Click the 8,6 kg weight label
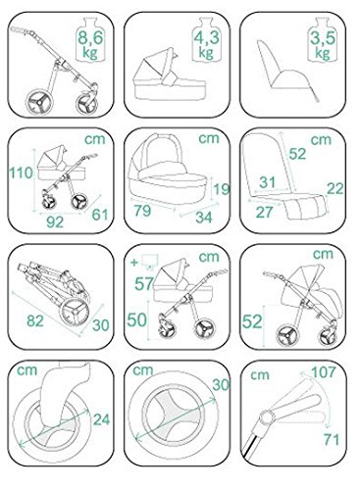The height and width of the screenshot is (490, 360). pyautogui.click(x=90, y=45)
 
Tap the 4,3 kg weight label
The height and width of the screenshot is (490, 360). pyautogui.click(x=206, y=45)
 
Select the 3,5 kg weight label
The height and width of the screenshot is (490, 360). pyautogui.click(x=323, y=45)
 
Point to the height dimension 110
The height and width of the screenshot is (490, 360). pyautogui.click(x=22, y=172)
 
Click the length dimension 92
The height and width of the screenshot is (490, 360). pyautogui.click(x=55, y=221)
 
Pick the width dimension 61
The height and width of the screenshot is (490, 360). pyautogui.click(x=100, y=215)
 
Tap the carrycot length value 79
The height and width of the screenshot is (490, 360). pyautogui.click(x=142, y=211)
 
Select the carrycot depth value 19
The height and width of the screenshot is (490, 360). pyautogui.click(x=222, y=189)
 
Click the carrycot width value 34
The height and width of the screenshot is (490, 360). pyautogui.click(x=204, y=218)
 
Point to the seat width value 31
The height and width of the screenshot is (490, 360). pyautogui.click(x=268, y=182)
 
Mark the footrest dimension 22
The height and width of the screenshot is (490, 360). pyautogui.click(x=335, y=188)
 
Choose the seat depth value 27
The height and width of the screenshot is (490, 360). pyautogui.click(x=264, y=212)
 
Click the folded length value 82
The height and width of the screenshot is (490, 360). pyautogui.click(x=35, y=320)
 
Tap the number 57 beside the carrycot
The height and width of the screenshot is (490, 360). pyautogui.click(x=144, y=283)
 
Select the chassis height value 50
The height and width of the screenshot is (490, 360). pyautogui.click(x=136, y=319)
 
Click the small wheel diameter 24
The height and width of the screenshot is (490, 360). pyautogui.click(x=101, y=419)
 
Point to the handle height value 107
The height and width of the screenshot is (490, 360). pyautogui.click(x=324, y=371)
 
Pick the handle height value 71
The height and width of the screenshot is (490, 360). pyautogui.click(x=332, y=439)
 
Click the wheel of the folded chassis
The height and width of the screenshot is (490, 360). pyautogui.click(x=75, y=313)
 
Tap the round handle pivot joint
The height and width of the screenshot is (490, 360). pyautogui.click(x=267, y=417)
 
